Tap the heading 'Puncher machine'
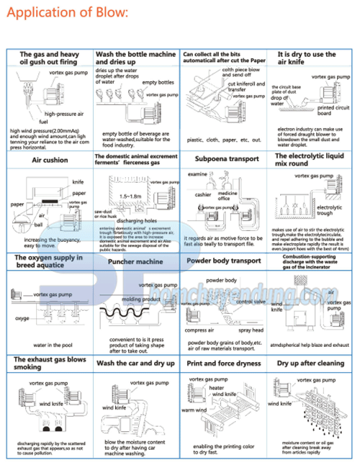click(135, 262)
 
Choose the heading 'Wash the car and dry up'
click(135, 364)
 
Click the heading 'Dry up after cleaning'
click(310, 364)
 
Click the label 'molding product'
click(141, 298)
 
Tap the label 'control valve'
click(251, 302)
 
